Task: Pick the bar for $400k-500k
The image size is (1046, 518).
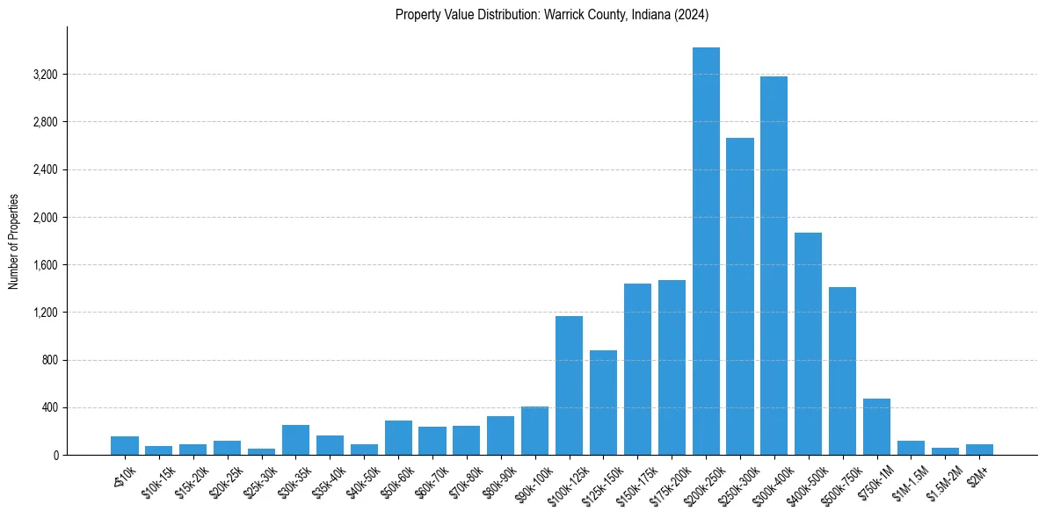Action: tap(808, 343)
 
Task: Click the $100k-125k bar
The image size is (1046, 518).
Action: tap(569, 385)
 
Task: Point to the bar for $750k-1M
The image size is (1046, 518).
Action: tap(876, 427)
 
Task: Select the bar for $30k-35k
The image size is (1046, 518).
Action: tap(295, 440)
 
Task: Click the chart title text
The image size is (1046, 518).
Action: tap(552, 15)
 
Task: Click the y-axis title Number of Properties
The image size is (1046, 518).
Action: tap(14, 241)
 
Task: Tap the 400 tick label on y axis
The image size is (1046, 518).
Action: tap(49, 407)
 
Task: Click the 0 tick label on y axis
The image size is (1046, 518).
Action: tap(54, 455)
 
